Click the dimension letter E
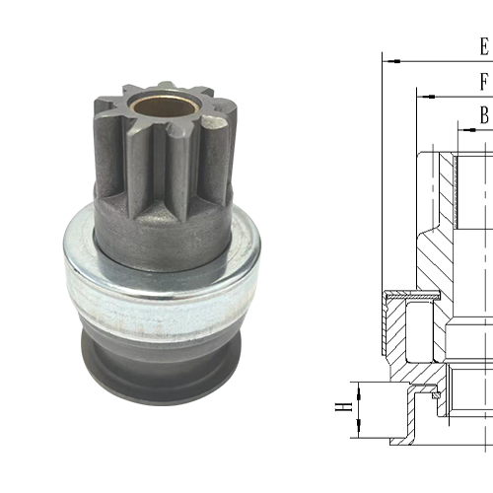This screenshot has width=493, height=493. pyautogui.click(x=483, y=46)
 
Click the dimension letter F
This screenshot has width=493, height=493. pyautogui.click(x=483, y=81)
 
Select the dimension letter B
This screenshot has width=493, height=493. pyautogui.click(x=484, y=115)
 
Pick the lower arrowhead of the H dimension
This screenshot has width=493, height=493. pyautogui.click(x=361, y=432)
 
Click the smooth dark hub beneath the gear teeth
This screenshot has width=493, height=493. pyautogui.click(x=163, y=237)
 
